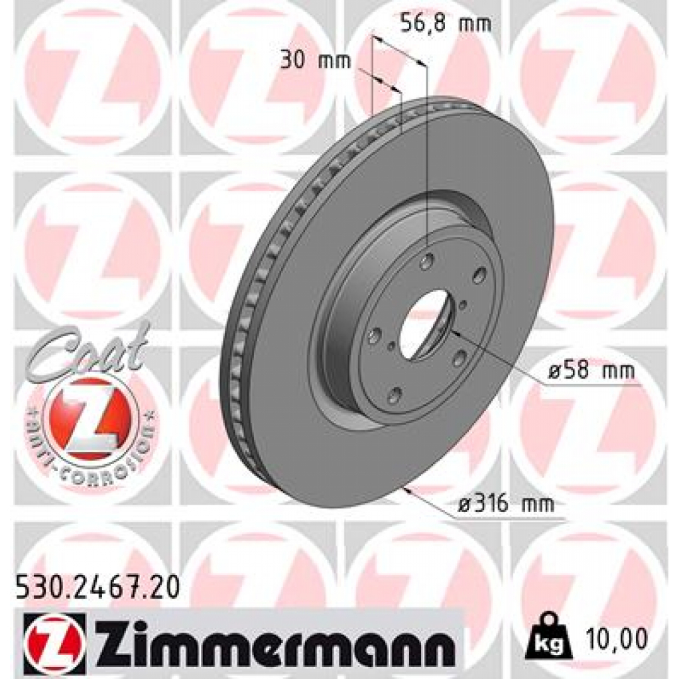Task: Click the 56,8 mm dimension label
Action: tap(446, 25)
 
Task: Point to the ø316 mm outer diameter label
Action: tap(506, 505)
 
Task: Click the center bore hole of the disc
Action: tap(425, 324)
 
